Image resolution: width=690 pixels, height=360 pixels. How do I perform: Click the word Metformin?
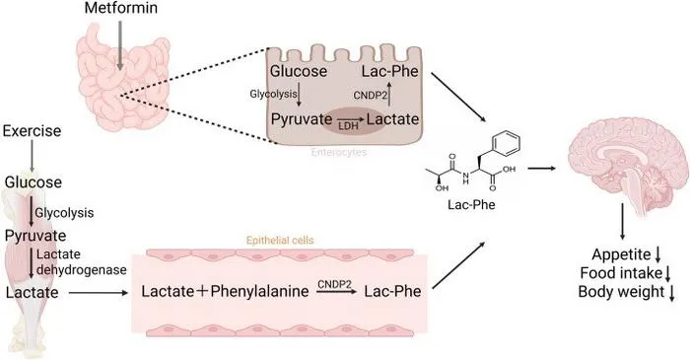121,8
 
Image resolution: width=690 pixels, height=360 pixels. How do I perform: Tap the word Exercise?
32,131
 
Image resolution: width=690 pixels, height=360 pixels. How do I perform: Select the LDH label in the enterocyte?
348,126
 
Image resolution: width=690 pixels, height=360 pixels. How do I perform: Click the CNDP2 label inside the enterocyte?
370,95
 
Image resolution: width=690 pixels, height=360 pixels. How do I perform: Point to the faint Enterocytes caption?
338,152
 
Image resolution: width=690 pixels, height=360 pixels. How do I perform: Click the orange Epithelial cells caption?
280,241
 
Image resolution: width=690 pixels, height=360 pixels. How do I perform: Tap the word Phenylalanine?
259,291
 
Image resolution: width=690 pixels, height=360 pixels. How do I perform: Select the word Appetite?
621,254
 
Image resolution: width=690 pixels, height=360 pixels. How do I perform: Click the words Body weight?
621,292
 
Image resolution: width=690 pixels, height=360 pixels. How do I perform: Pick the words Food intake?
621,273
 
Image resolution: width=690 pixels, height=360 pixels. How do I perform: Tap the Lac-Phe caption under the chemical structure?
471,204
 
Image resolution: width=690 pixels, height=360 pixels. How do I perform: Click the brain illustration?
628,166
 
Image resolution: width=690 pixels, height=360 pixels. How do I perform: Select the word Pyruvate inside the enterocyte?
302,119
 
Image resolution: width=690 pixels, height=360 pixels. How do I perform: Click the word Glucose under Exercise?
34,182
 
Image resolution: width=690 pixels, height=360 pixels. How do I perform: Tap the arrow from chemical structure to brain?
541,168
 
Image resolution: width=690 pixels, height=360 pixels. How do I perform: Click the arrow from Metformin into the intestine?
120,45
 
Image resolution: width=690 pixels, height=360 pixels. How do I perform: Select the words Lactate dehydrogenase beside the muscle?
81,261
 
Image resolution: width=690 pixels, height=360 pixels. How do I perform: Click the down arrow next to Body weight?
671,293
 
